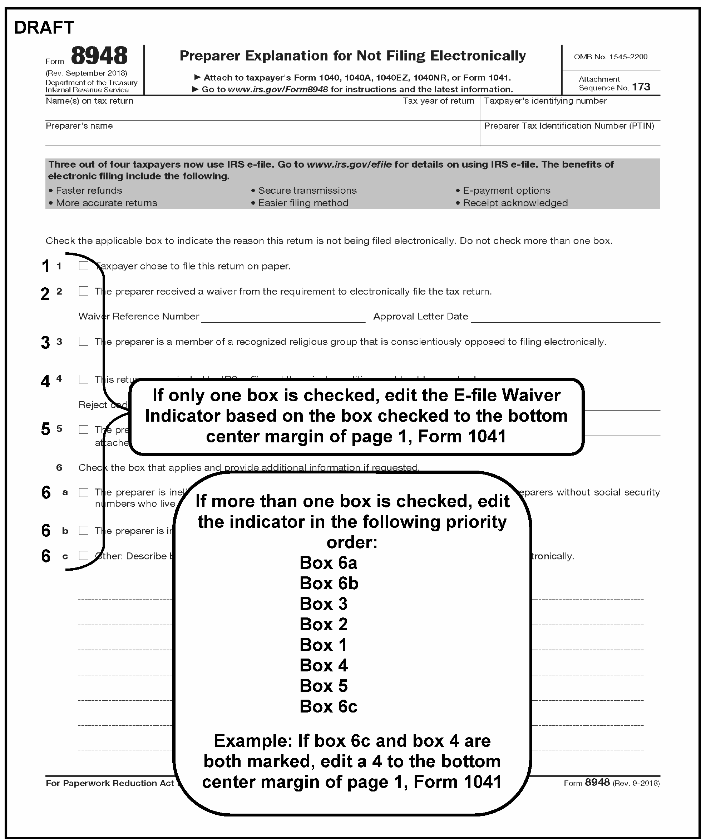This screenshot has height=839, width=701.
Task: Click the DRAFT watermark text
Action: tap(44, 28)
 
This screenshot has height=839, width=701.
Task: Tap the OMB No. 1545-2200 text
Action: tap(610, 57)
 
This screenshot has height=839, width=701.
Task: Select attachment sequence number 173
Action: tap(641, 87)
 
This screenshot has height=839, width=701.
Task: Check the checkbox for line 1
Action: tap(84, 266)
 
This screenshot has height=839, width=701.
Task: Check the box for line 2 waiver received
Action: tap(84, 291)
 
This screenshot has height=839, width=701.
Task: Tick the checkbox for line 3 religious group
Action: tap(84, 341)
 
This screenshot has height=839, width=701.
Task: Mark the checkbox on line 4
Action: tap(84, 379)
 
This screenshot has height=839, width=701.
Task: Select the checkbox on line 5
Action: tap(84, 429)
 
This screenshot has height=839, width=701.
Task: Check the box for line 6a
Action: tap(84, 492)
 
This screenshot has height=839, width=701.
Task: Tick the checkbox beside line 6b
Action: tap(84, 530)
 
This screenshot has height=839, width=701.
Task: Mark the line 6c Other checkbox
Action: tap(84, 555)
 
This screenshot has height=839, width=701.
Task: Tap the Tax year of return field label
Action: tap(438, 101)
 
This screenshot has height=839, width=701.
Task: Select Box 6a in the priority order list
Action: tap(328, 563)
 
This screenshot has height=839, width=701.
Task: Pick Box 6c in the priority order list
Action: tap(328, 706)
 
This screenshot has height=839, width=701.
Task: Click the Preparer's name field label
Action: tap(79, 126)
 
